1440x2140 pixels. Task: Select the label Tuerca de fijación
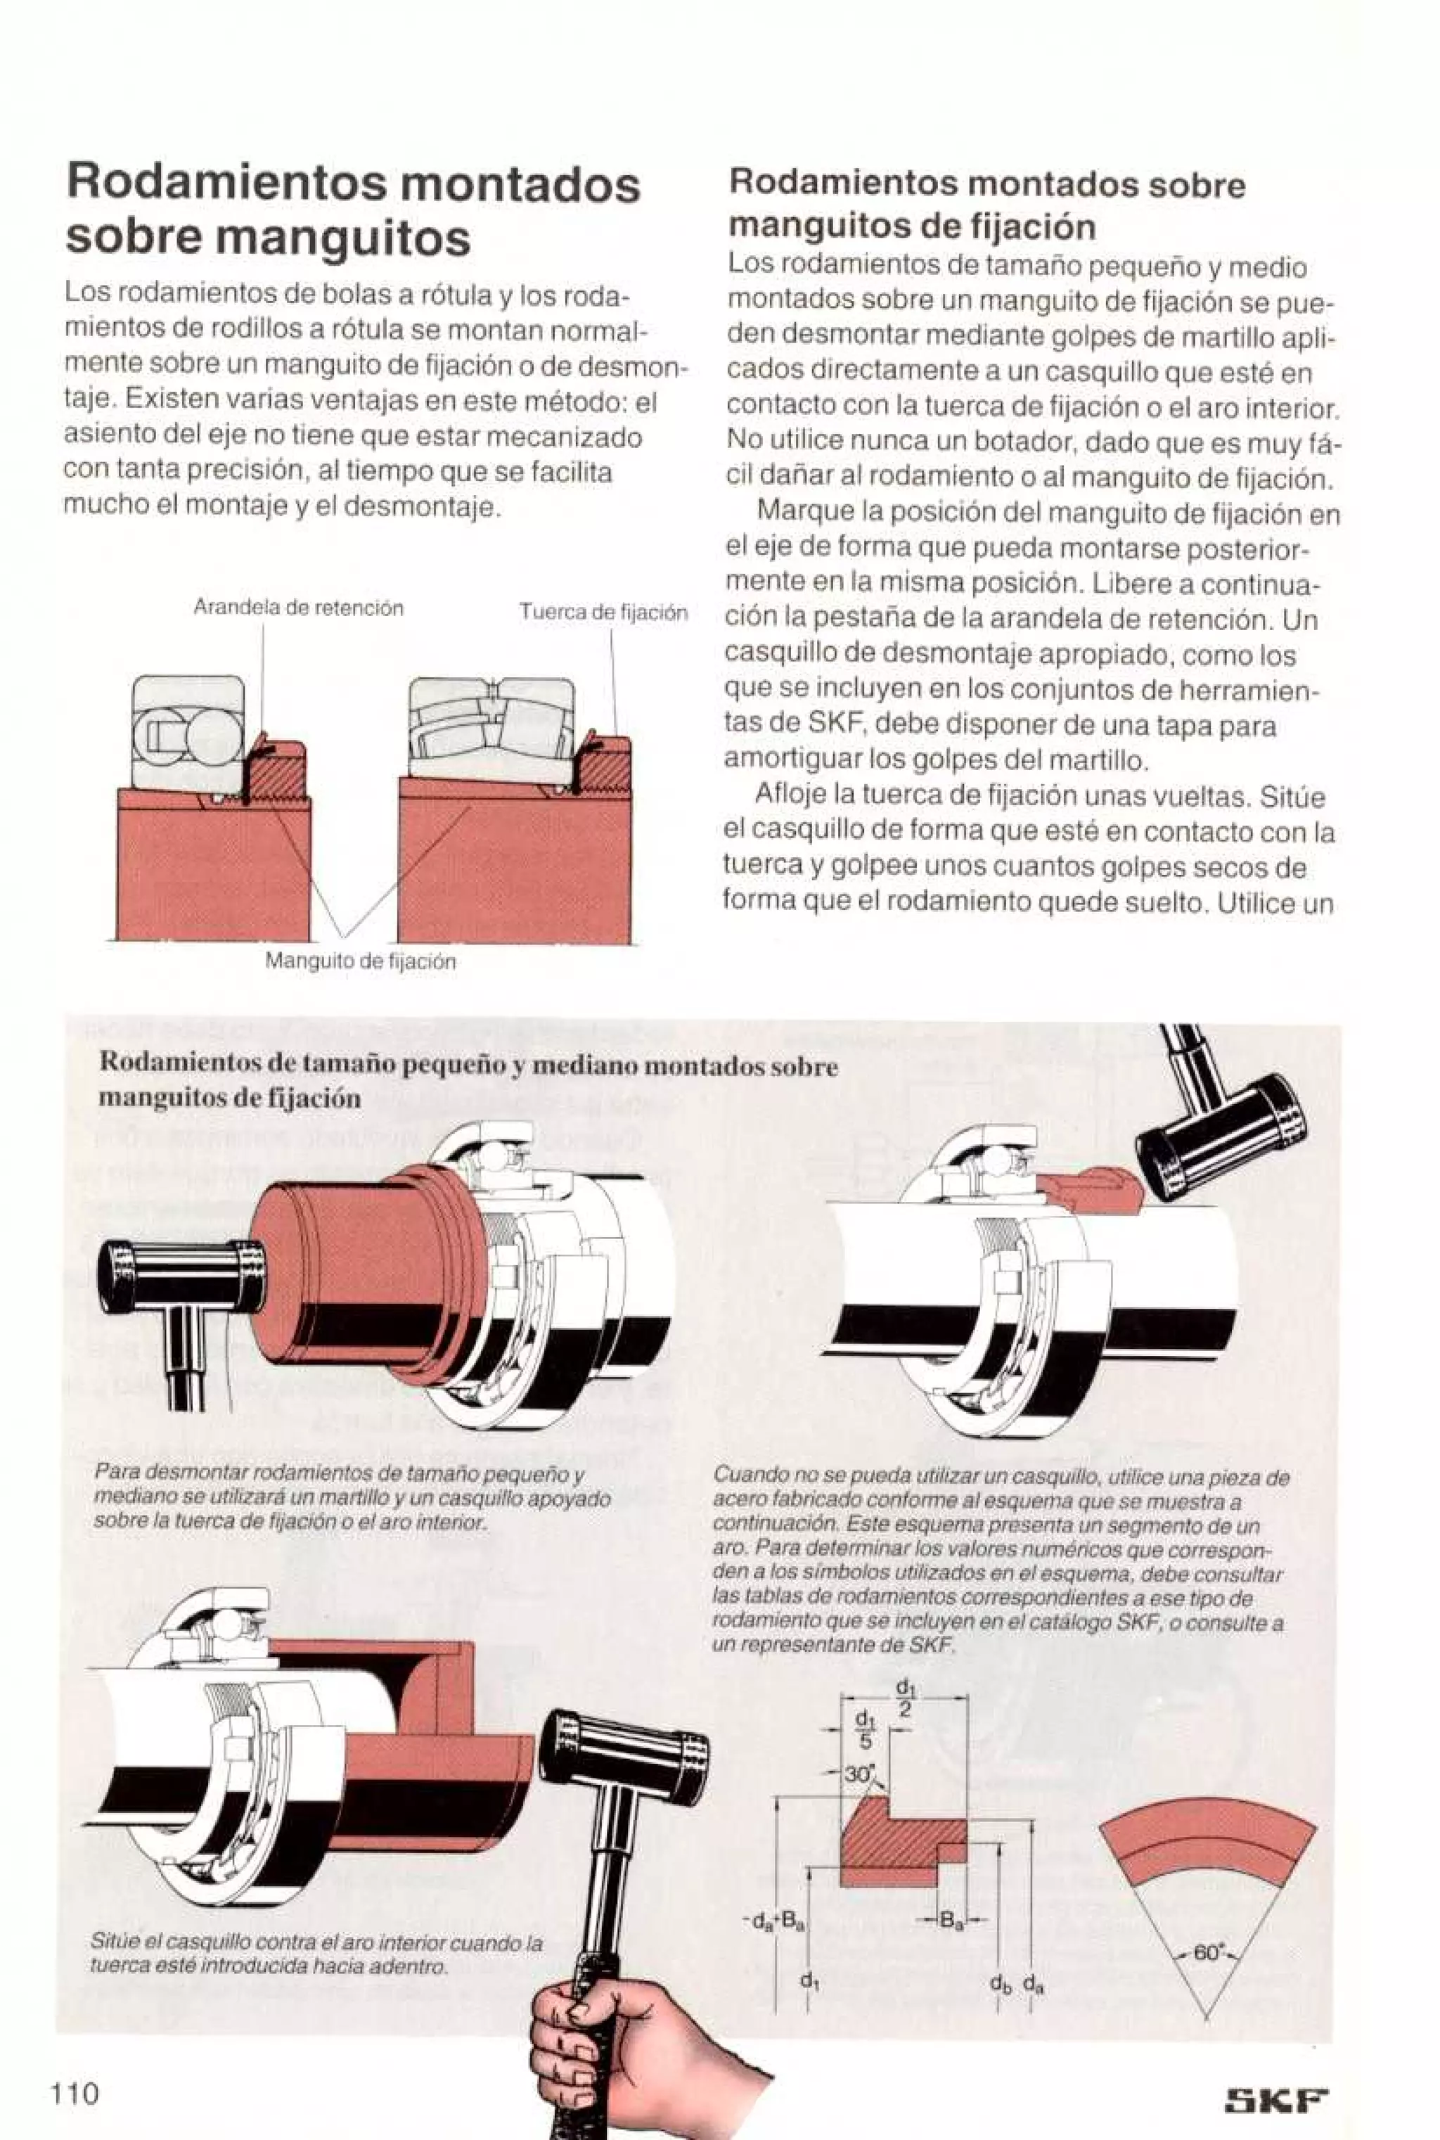pyautogui.click(x=603, y=613)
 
